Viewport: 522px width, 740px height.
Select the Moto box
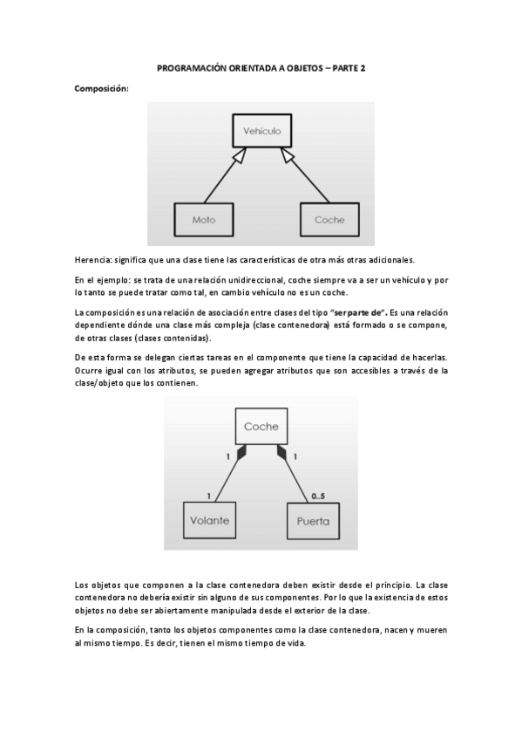[203, 219]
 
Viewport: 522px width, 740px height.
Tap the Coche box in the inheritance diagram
[329, 219]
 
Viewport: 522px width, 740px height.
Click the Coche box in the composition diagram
[261, 426]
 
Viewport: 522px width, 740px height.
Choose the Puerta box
[312, 521]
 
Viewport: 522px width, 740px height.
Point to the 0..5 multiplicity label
[320, 496]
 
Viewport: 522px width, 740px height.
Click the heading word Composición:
[101, 88]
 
